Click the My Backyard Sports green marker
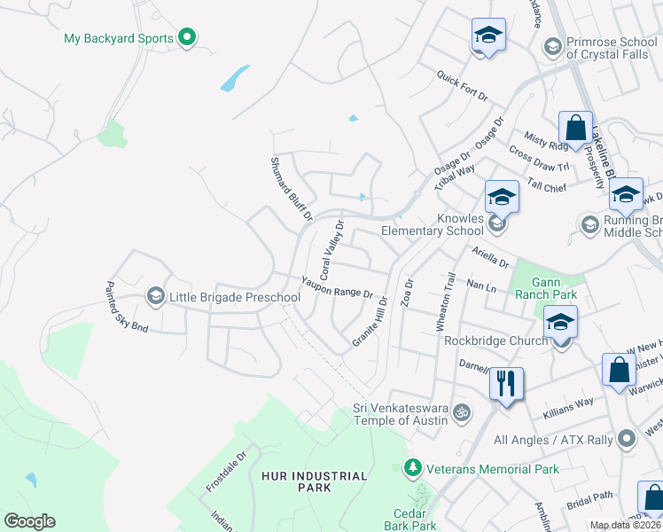coord(186,38)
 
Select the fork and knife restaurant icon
coord(505,383)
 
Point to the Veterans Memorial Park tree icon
coord(411,467)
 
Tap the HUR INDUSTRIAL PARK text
coord(314,481)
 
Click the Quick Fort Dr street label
coord(462,88)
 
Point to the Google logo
coord(29,521)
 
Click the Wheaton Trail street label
coord(445,302)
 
